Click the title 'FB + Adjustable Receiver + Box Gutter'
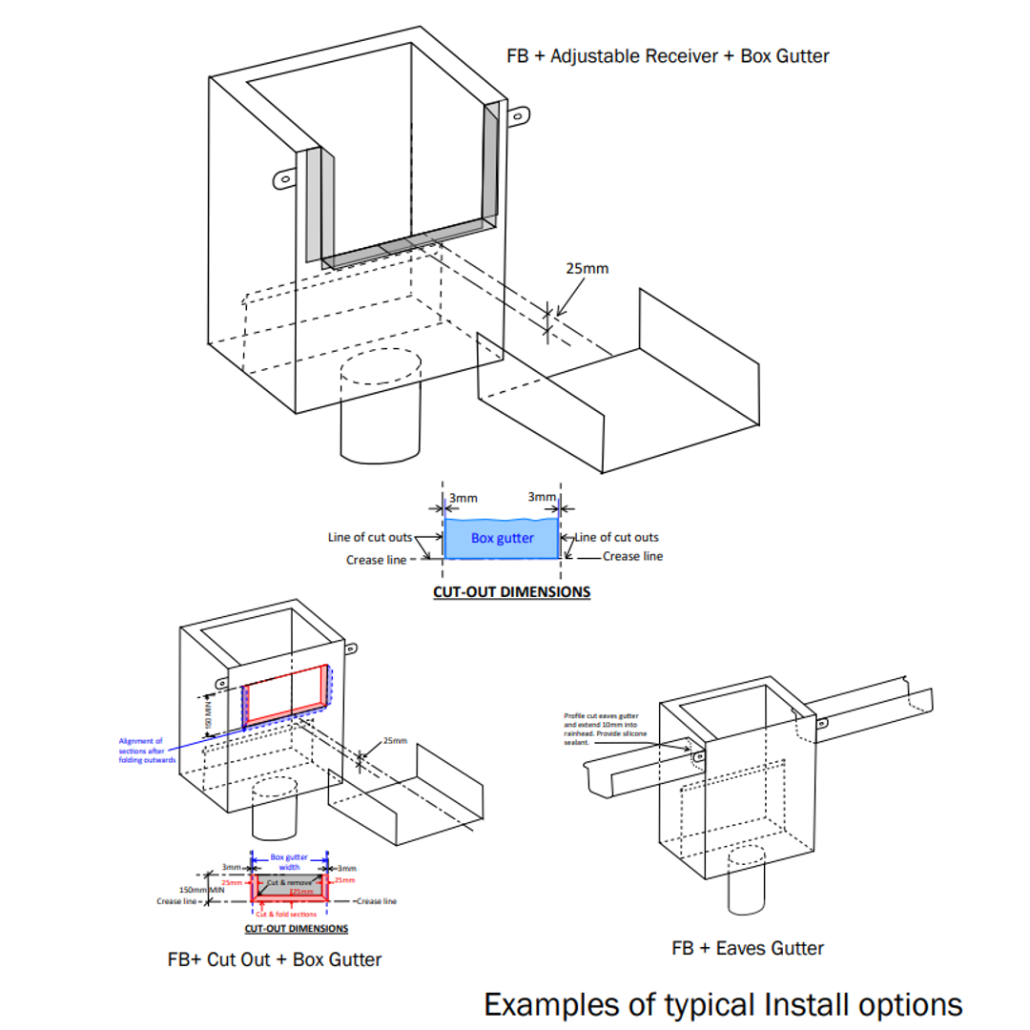[668, 56]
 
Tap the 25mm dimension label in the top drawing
[587, 268]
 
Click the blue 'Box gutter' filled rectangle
[502, 539]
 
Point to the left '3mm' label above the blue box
[463, 497]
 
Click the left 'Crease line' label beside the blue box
[377, 560]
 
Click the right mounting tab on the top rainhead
[517, 118]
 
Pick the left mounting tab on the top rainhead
[282, 178]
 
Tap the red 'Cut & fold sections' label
[289, 914]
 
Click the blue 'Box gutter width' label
[289, 862]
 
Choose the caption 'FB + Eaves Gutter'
[748, 948]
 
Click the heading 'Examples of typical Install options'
[723, 1004]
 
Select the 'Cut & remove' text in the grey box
[288, 882]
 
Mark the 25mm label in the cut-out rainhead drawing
[394, 740]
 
